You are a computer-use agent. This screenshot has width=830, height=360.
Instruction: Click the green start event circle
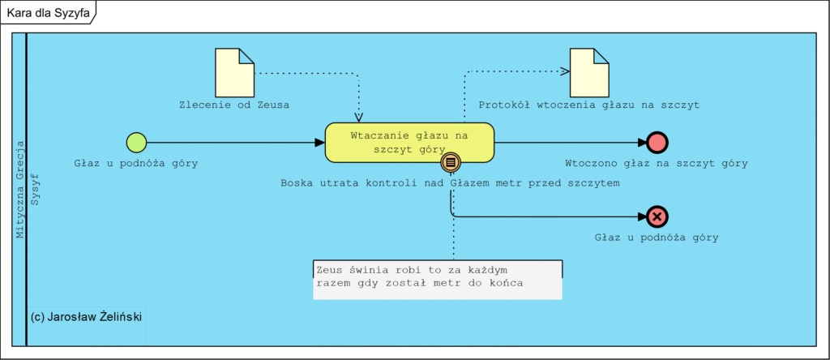pyautogui.click(x=136, y=143)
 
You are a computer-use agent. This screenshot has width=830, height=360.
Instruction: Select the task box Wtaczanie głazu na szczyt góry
pyautogui.click(x=409, y=141)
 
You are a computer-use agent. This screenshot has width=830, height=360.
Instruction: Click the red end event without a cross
pyautogui.click(x=657, y=143)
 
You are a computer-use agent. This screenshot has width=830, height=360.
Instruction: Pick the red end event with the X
pyautogui.click(x=657, y=216)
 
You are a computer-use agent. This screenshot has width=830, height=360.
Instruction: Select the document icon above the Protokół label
pyautogui.click(x=589, y=72)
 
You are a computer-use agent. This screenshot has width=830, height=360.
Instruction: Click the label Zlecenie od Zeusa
pyautogui.click(x=234, y=105)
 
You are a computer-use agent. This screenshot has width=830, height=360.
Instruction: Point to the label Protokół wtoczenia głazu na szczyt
pyautogui.click(x=588, y=105)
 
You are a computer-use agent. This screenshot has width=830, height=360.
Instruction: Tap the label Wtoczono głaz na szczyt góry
pyautogui.click(x=656, y=163)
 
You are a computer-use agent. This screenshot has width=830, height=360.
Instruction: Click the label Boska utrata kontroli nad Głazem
pyautogui.click(x=450, y=183)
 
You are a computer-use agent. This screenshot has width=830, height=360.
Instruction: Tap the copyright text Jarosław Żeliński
pyautogui.click(x=86, y=316)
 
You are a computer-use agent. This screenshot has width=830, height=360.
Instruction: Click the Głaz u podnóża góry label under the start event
pyautogui.click(x=136, y=163)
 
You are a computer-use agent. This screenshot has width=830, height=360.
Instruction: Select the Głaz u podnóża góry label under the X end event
pyautogui.click(x=657, y=238)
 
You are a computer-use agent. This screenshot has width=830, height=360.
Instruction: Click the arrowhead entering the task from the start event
pyautogui.click(x=319, y=143)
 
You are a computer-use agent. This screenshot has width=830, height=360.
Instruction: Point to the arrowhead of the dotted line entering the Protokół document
pyautogui.click(x=564, y=71)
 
